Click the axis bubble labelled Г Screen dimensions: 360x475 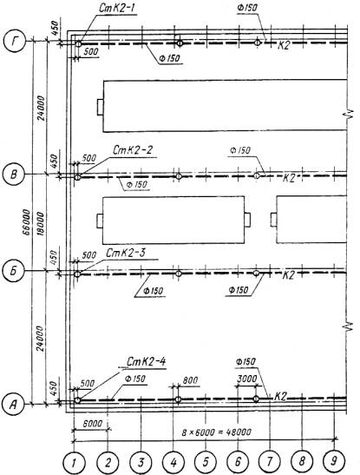15,41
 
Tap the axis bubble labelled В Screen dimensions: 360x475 13,175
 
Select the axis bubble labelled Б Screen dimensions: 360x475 12,272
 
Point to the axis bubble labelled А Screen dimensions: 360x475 12,404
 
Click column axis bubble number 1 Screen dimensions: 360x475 74,463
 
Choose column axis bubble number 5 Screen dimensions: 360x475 206,462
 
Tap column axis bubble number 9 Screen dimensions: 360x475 333,461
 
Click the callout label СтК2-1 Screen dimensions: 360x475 117,8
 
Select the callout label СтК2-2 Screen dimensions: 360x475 132,150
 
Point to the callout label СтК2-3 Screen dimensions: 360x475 125,253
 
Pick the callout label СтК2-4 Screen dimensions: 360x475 146,361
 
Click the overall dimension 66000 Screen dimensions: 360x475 27,222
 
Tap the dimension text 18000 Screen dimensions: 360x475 40,223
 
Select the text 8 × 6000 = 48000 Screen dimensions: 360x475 216,432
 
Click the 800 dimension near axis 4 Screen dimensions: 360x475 190,380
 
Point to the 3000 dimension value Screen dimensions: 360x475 247,379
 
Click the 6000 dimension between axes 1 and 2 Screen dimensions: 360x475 92,423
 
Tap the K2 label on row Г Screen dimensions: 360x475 284,45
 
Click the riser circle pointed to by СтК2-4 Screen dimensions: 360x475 77,400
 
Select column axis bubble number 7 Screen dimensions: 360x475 269,462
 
